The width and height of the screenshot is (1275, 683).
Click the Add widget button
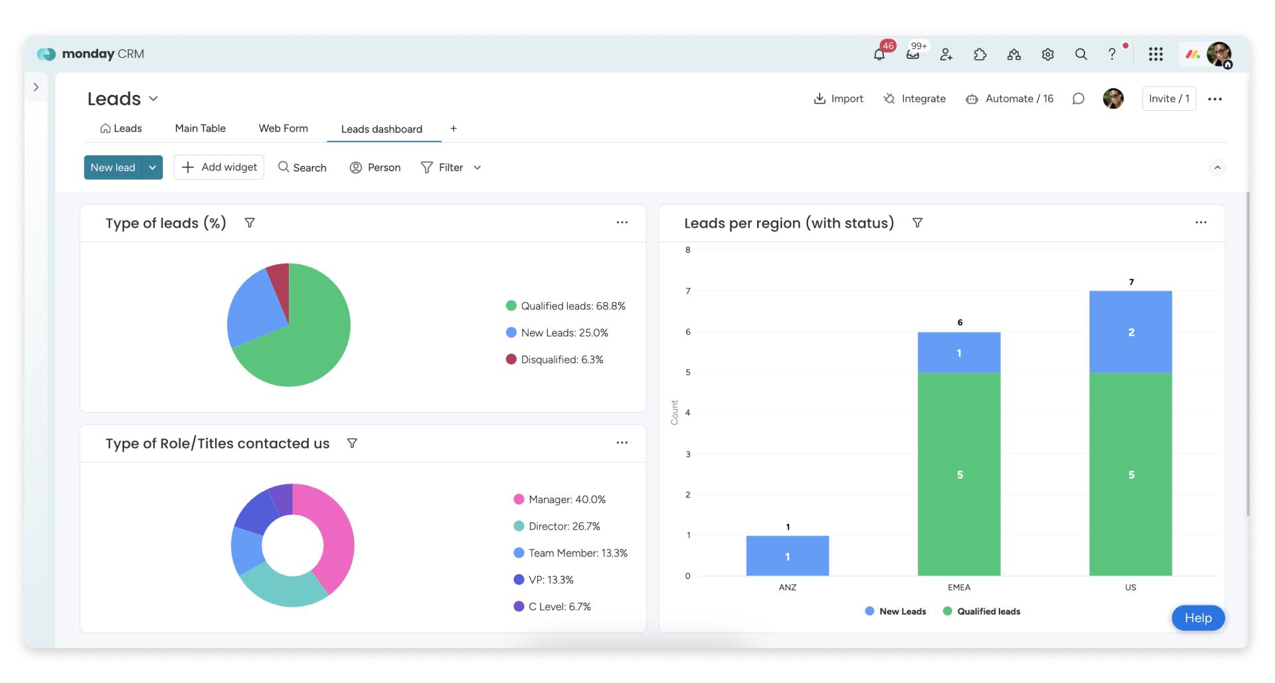click(219, 167)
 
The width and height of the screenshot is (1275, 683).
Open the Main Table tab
click(200, 128)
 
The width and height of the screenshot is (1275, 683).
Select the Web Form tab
click(283, 128)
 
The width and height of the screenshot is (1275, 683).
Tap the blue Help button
click(1198, 618)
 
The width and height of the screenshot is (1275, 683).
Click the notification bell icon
click(879, 54)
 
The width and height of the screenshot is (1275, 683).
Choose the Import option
click(838, 99)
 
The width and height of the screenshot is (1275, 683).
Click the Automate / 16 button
click(1009, 99)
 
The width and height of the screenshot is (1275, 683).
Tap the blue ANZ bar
click(788, 556)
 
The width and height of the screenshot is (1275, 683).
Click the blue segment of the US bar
click(1130, 332)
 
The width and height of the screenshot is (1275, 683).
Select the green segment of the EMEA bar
click(959, 474)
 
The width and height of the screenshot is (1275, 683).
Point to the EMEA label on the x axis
click(959, 587)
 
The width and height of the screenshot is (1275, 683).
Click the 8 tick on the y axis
click(688, 250)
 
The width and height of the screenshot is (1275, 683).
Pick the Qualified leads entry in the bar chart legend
click(981, 611)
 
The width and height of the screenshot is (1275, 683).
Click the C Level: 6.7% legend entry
click(552, 607)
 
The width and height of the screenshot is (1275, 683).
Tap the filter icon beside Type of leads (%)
click(250, 223)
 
